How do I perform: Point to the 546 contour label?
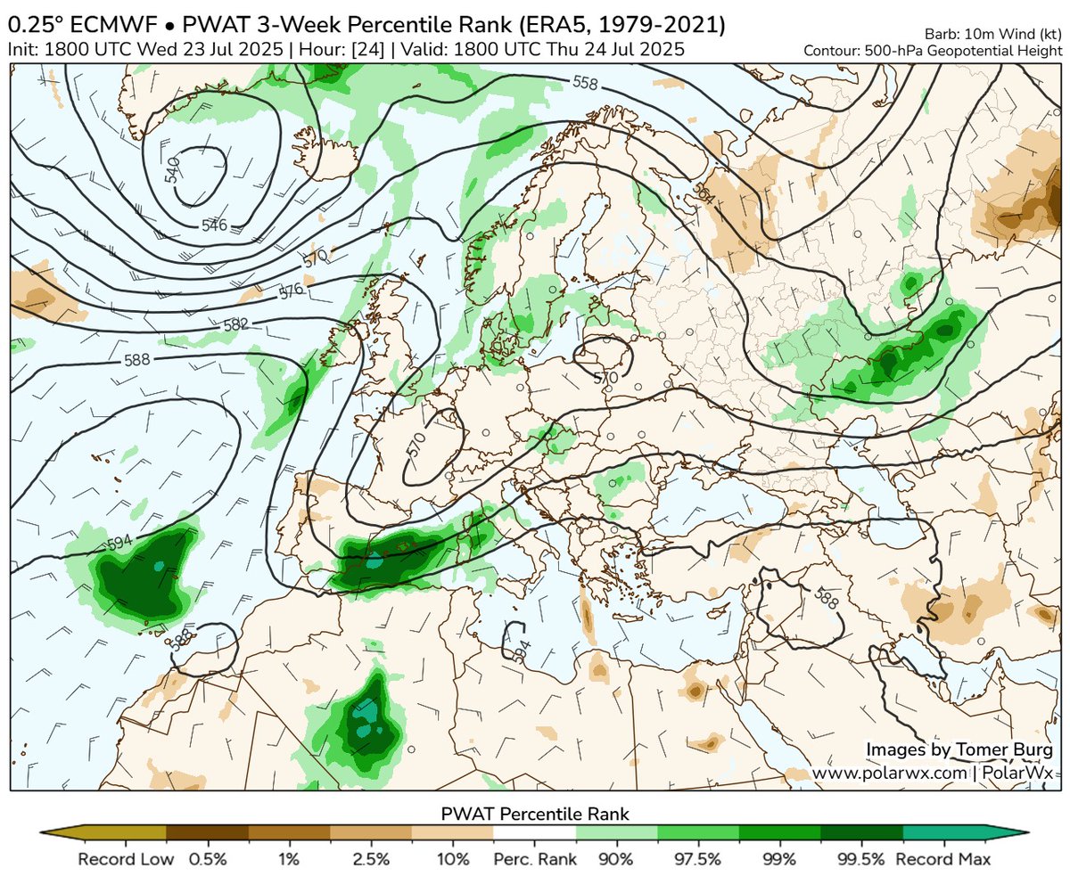(214, 225)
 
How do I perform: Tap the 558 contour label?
(585, 84)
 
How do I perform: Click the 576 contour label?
(292, 291)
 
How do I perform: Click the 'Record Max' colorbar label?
(944, 860)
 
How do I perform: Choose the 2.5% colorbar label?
(371, 860)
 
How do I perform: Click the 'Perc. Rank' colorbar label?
(535, 860)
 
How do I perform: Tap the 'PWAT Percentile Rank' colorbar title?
(535, 814)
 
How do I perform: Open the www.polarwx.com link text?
(889, 773)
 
